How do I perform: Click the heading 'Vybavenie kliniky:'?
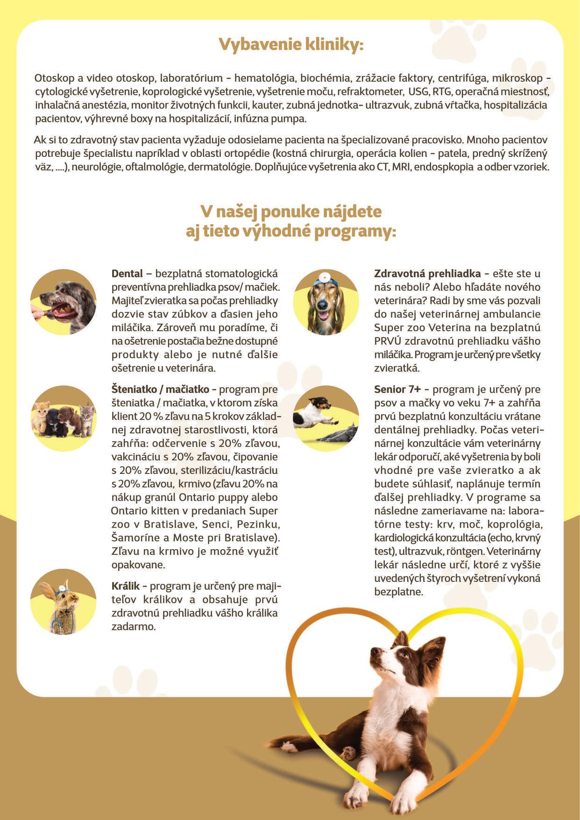tap(290, 45)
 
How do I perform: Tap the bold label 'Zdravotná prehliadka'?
tap(427, 274)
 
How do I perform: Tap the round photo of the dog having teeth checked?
tap(63, 302)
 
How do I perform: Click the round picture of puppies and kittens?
tap(63, 418)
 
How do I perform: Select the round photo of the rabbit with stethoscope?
tap(63, 602)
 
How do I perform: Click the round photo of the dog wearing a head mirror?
tap(326, 302)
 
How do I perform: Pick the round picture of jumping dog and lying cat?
tap(326, 418)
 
